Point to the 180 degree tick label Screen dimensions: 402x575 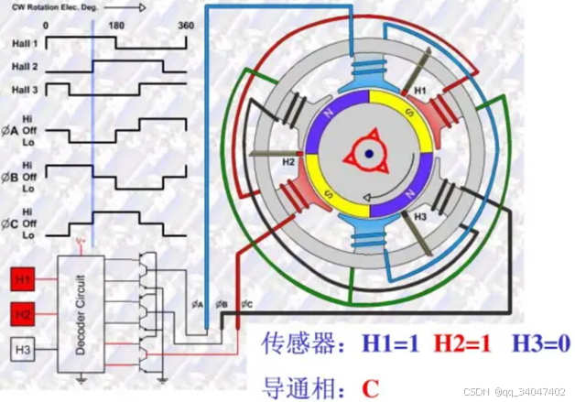click(116, 26)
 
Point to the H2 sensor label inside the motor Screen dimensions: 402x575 click(288, 161)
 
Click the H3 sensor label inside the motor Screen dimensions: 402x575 click(419, 217)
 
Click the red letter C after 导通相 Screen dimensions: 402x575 click(370, 386)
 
